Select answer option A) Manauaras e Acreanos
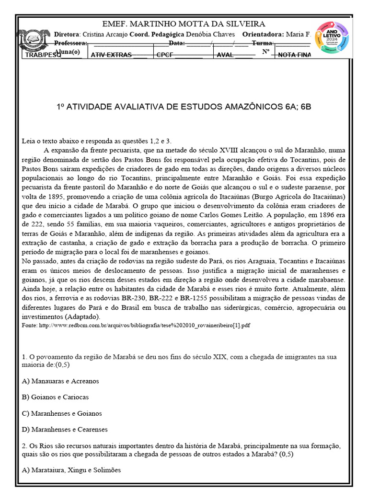[x=60, y=381]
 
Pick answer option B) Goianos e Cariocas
[x=55, y=397]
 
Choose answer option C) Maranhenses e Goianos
[x=62, y=413]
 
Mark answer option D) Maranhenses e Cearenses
[x=65, y=429]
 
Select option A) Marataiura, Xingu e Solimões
[x=71, y=470]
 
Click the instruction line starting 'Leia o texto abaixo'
[x=96, y=141]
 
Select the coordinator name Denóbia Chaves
[x=211, y=35]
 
